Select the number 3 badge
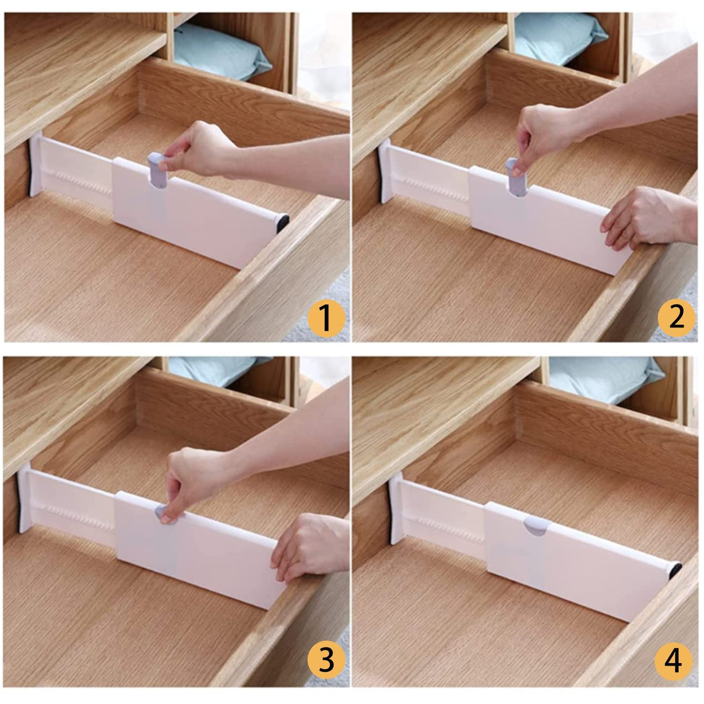[326, 662]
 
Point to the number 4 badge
[675, 662]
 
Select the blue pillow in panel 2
[560, 37]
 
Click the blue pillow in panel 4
[604, 380]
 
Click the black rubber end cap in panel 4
[674, 570]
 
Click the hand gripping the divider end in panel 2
[643, 214]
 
